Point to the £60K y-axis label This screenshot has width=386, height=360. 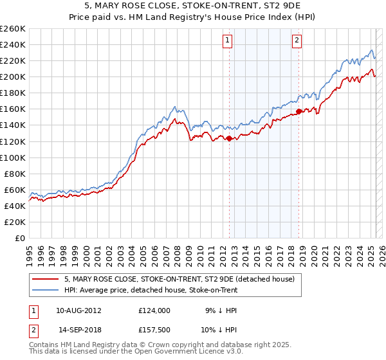click(14, 190)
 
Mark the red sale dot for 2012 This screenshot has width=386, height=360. click(229, 138)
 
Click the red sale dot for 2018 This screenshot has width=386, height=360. click(299, 111)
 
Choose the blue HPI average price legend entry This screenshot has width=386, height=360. click(151, 290)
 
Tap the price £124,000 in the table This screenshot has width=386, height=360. click(154, 310)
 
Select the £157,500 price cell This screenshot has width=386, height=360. click(154, 330)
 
